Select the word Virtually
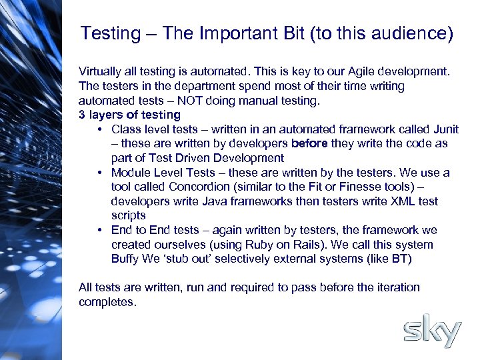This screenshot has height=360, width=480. [101, 71]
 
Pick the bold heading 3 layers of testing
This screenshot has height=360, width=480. [129, 115]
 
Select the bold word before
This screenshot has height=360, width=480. [307, 143]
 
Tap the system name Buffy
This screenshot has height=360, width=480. [125, 259]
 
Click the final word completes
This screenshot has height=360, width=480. [107, 302]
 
